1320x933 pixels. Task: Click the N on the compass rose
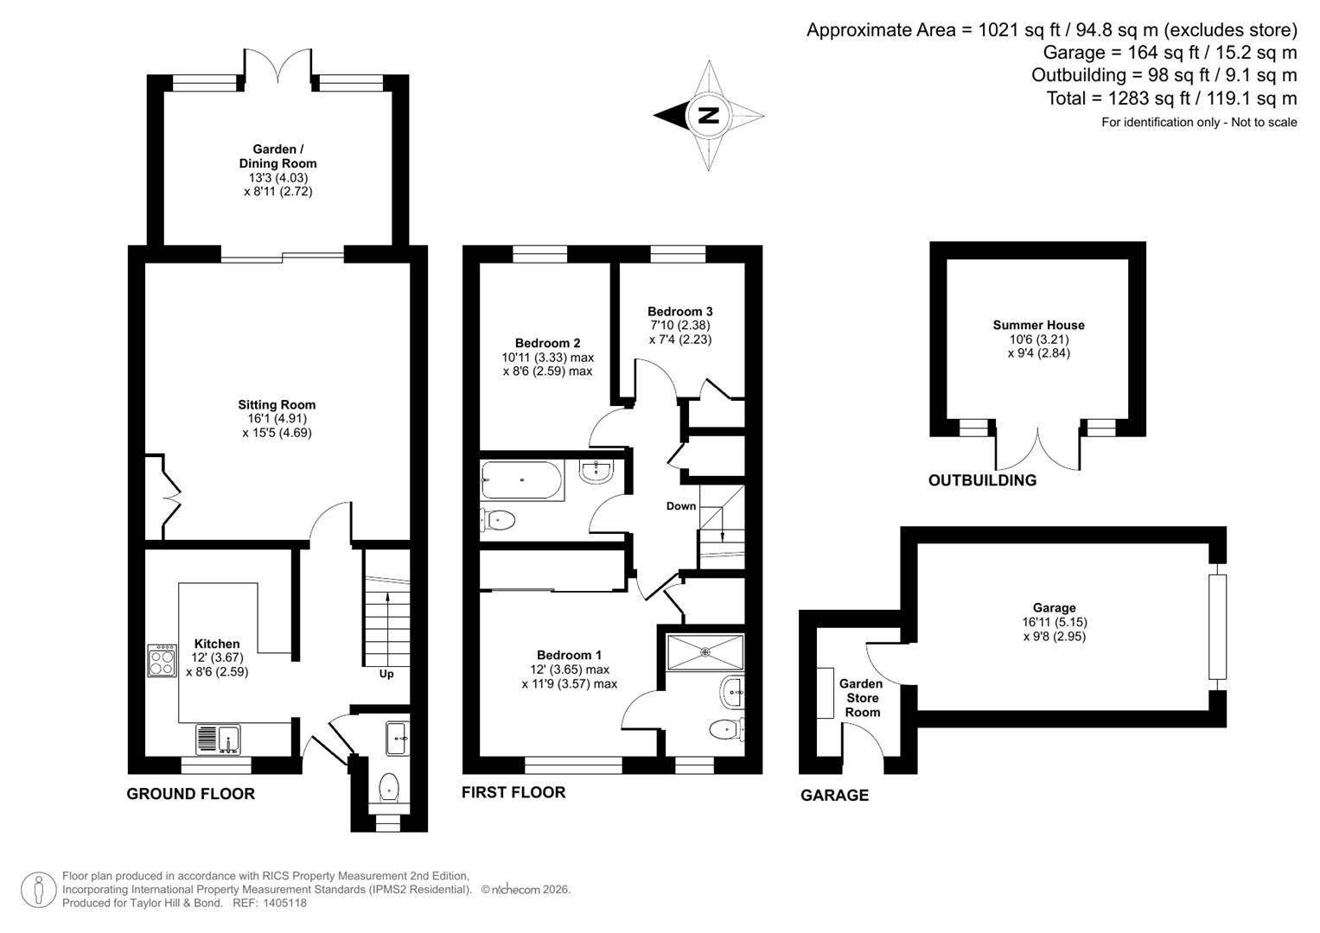pyautogui.click(x=708, y=115)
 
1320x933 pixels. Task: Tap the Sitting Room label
pyautogui.click(x=277, y=404)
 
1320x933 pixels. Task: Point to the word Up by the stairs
pyautogui.click(x=386, y=674)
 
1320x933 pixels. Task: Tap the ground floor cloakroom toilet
pyautogui.click(x=389, y=787)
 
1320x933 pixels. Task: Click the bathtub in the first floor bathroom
pyautogui.click(x=521, y=480)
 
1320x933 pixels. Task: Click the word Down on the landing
pyautogui.click(x=681, y=506)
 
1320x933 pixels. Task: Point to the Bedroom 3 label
pyautogui.click(x=679, y=311)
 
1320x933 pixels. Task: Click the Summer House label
pyautogui.click(x=1038, y=325)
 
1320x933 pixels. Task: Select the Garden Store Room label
pyautogui.click(x=862, y=698)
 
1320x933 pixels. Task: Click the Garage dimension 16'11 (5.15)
pyautogui.click(x=1054, y=622)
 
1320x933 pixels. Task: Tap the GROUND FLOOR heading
pyautogui.click(x=190, y=794)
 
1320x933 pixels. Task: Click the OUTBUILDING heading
pyautogui.click(x=982, y=480)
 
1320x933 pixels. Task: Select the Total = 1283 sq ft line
pyautogui.click(x=1171, y=98)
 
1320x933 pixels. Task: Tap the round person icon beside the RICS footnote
pyautogui.click(x=39, y=889)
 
